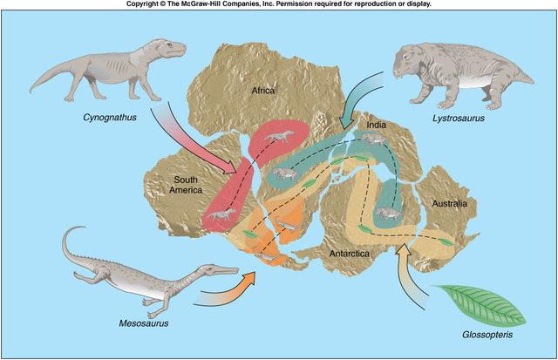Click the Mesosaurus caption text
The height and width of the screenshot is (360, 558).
click(144, 324)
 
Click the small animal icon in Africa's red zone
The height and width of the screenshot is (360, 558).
click(278, 138)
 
